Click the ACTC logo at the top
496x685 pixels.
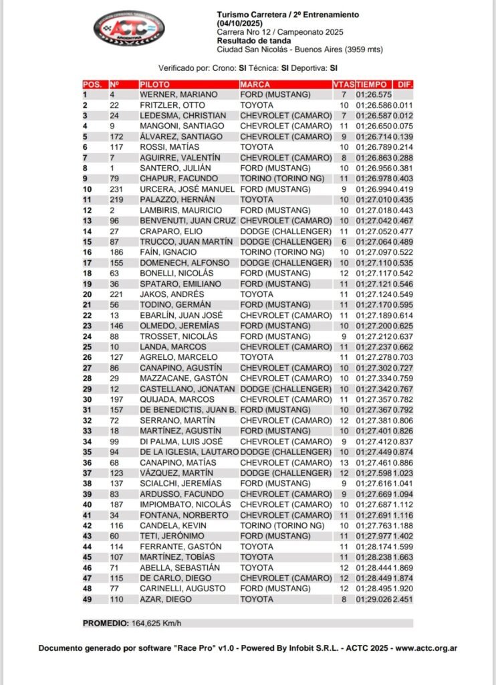click(x=128, y=29)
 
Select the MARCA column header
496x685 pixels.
click(x=255, y=85)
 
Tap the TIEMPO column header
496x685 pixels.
click(x=372, y=85)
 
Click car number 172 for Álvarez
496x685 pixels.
click(x=118, y=136)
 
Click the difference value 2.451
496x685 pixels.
click(x=403, y=599)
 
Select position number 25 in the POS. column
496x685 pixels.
click(x=87, y=347)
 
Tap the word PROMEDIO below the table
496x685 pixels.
click(x=106, y=623)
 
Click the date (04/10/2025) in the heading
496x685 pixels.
click(x=241, y=24)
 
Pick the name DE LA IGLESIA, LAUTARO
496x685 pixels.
click(x=189, y=452)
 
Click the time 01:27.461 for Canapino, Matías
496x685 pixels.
click(x=374, y=463)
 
